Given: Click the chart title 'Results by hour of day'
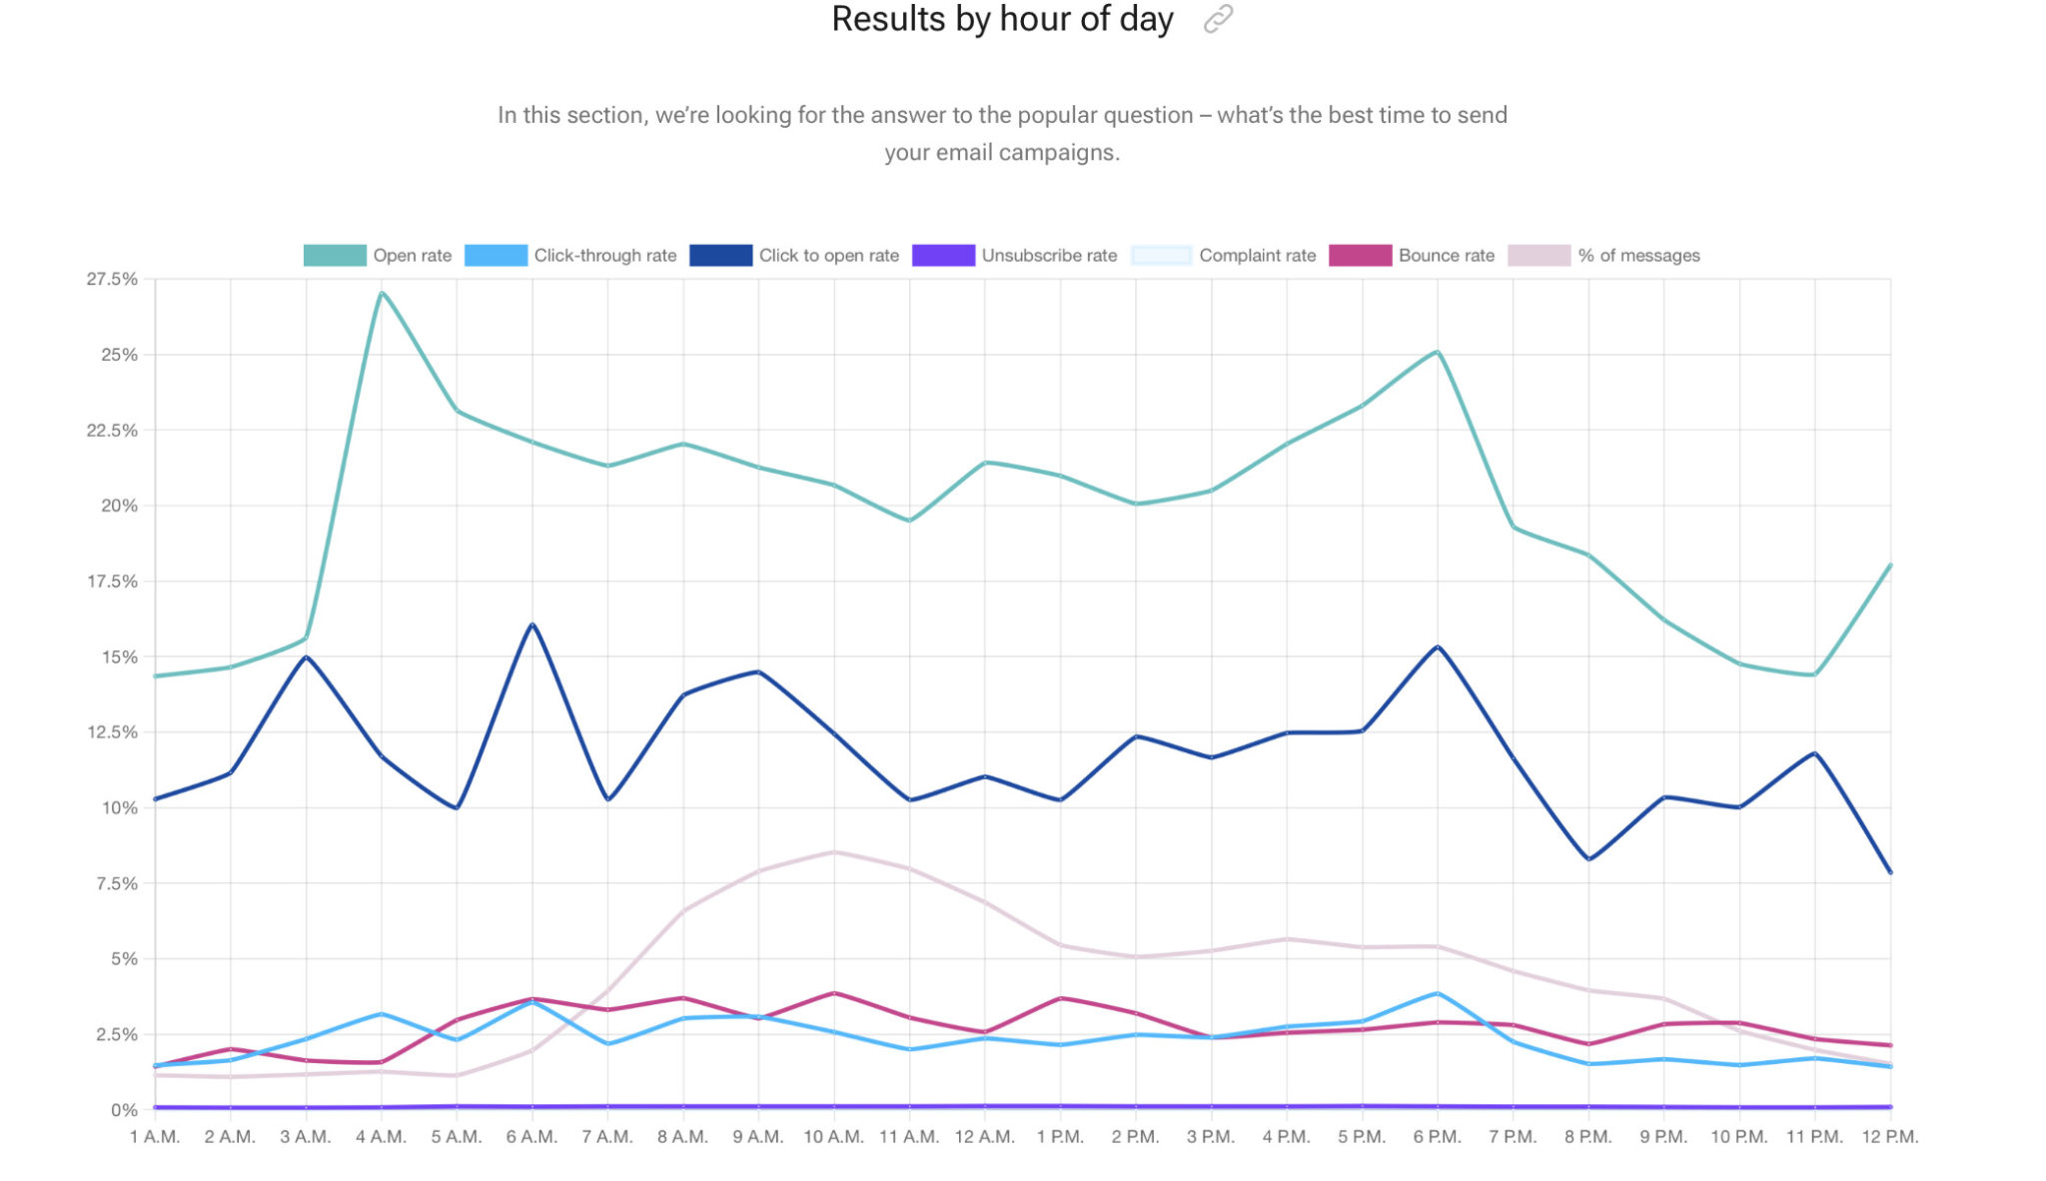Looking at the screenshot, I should click(1002, 19).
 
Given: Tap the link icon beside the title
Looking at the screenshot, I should click(1218, 19).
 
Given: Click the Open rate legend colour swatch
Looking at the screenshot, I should click(334, 256).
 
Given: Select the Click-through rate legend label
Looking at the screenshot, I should click(604, 256).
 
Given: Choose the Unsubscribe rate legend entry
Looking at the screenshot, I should click(1048, 256).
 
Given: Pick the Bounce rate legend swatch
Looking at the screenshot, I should click(1360, 256).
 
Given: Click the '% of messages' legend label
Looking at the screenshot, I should click(1638, 256).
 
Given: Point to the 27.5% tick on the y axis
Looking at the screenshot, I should click(112, 280).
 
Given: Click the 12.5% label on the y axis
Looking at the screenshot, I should click(112, 732).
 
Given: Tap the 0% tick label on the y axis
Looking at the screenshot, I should click(124, 1110).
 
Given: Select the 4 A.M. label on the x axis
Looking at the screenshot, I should click(381, 1137).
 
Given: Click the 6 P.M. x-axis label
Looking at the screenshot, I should click(1437, 1137).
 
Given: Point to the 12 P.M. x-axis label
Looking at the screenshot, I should click(1889, 1137).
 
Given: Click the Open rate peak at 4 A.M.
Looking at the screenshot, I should click(382, 293).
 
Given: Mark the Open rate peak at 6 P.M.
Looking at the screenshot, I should click(1437, 352).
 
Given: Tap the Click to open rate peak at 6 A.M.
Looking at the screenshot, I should click(532, 624).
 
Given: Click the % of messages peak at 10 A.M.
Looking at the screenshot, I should click(834, 852).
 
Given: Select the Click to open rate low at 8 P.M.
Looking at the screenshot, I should click(1588, 859).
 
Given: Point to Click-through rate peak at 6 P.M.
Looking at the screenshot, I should click(1437, 993).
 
